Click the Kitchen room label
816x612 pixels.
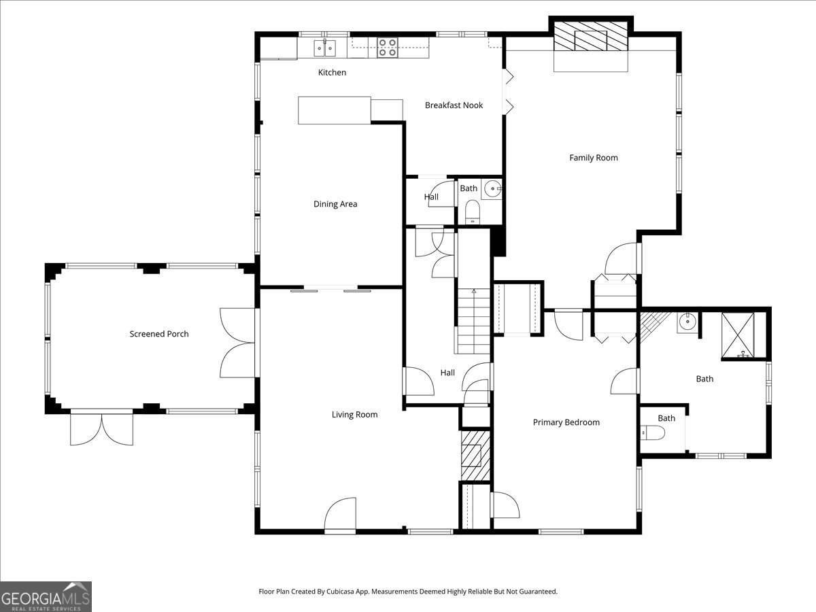[x=332, y=73]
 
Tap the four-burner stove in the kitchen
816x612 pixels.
[x=388, y=48]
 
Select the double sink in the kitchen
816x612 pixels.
[x=324, y=48]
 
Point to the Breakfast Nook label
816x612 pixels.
[x=454, y=105]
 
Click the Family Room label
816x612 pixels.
[x=594, y=158]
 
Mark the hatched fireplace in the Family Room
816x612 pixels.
[x=591, y=36]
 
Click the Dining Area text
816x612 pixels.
[x=335, y=203]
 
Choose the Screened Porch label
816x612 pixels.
[x=159, y=334]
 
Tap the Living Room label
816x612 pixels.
[x=355, y=414]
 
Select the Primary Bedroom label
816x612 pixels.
[x=566, y=422]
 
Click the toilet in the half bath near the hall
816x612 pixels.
[x=473, y=212]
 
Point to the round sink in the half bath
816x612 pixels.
[x=492, y=189]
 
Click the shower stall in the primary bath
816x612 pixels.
[x=738, y=335]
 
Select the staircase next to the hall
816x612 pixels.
[x=473, y=321]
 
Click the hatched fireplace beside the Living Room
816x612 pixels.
[x=476, y=456]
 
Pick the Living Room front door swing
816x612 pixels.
[x=340, y=514]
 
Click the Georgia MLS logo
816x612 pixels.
[x=46, y=596]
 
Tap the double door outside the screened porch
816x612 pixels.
[x=101, y=428]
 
